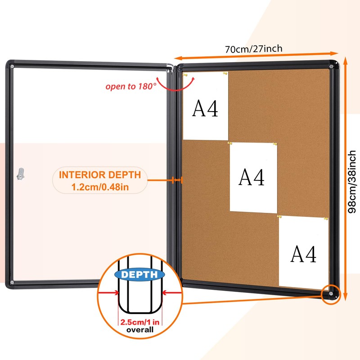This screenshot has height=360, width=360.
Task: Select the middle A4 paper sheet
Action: click(x=253, y=177)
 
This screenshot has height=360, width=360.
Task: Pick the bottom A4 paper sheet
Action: click(x=304, y=253)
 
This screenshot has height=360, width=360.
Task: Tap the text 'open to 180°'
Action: click(x=131, y=86)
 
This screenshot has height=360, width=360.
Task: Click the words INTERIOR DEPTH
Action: click(x=100, y=175)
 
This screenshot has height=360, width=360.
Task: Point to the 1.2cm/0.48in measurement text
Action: click(x=100, y=186)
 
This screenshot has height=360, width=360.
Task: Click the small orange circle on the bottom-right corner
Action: click(x=331, y=294)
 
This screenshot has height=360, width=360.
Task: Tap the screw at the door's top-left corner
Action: click(x=12, y=67)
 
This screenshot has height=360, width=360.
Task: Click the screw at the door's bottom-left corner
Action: click(x=12, y=283)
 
